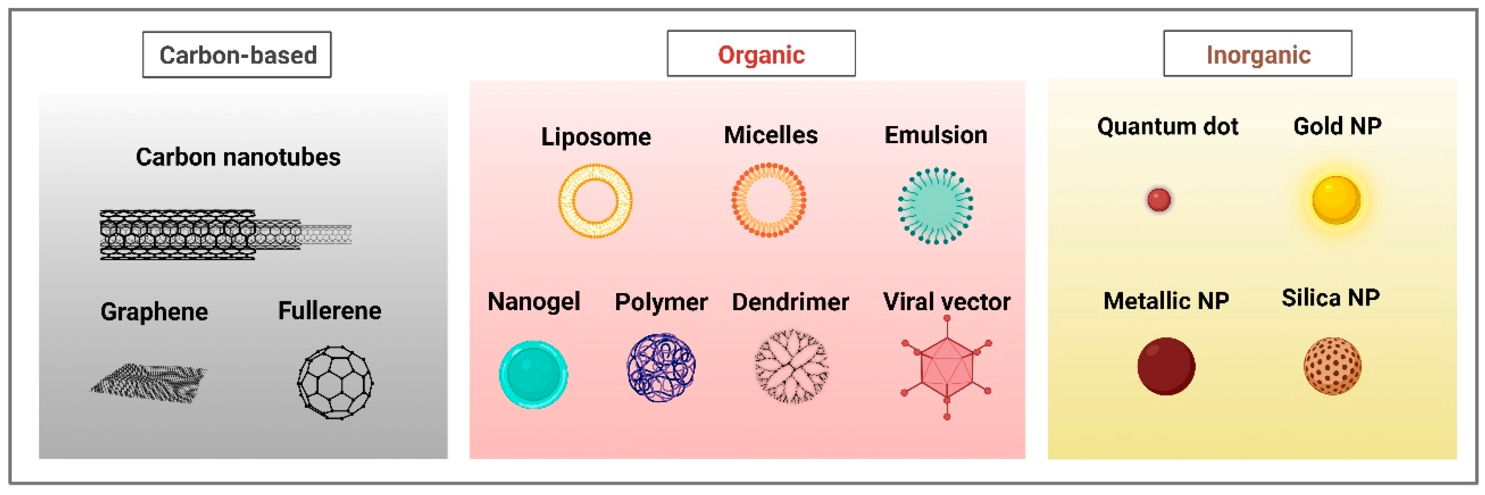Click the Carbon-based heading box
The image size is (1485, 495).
[237, 55]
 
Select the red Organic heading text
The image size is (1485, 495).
[761, 55]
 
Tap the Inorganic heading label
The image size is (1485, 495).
[1258, 55]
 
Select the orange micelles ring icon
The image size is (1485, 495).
[769, 200]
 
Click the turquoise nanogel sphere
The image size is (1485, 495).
[533, 374]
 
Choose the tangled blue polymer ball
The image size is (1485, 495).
[661, 367]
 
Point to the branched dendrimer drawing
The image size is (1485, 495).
[791, 366]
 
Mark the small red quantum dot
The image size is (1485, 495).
[1159, 200]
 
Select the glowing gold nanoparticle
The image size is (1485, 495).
[1336, 200]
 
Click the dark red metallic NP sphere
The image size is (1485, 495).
[1166, 366]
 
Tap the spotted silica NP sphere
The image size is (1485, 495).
[1332, 366]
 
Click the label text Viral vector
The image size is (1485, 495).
[946, 301]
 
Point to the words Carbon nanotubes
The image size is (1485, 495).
[238, 157]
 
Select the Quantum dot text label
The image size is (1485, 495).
[1167, 126]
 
